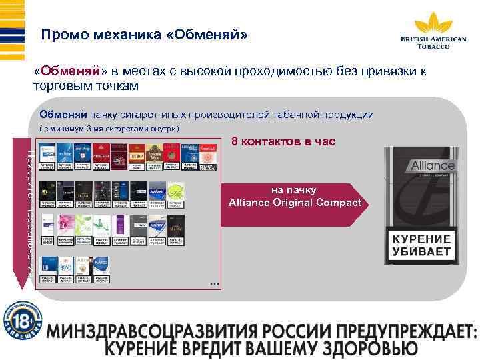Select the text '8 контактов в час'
click(283, 142)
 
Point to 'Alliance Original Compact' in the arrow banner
click(295, 202)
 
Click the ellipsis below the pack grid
click(213, 285)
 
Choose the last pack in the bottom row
click(102, 269)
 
